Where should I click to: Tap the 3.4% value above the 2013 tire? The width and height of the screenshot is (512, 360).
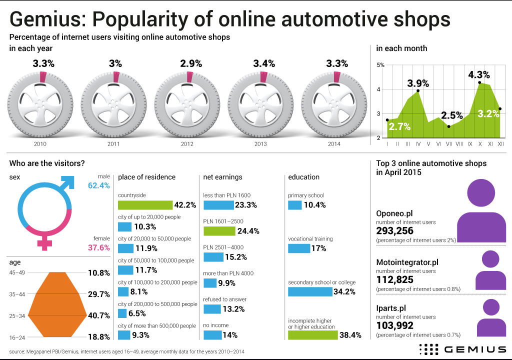click(x=264, y=63)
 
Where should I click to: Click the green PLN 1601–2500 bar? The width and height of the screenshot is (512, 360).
click(x=219, y=230)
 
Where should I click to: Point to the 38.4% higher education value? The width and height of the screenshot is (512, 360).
click(x=350, y=335)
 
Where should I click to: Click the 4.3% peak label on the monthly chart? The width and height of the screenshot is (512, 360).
click(x=478, y=75)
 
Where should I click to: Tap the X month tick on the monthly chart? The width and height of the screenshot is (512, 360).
click(x=479, y=144)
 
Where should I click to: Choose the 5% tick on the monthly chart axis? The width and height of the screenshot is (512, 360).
click(x=380, y=65)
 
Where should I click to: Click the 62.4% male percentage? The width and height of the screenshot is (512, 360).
click(x=98, y=185)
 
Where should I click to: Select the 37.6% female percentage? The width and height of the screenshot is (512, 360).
click(x=98, y=247)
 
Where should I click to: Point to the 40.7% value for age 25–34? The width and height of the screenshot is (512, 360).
click(x=98, y=315)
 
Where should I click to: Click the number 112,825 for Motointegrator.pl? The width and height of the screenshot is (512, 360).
click(x=394, y=279)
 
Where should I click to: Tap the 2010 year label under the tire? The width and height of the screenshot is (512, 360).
click(x=40, y=144)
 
